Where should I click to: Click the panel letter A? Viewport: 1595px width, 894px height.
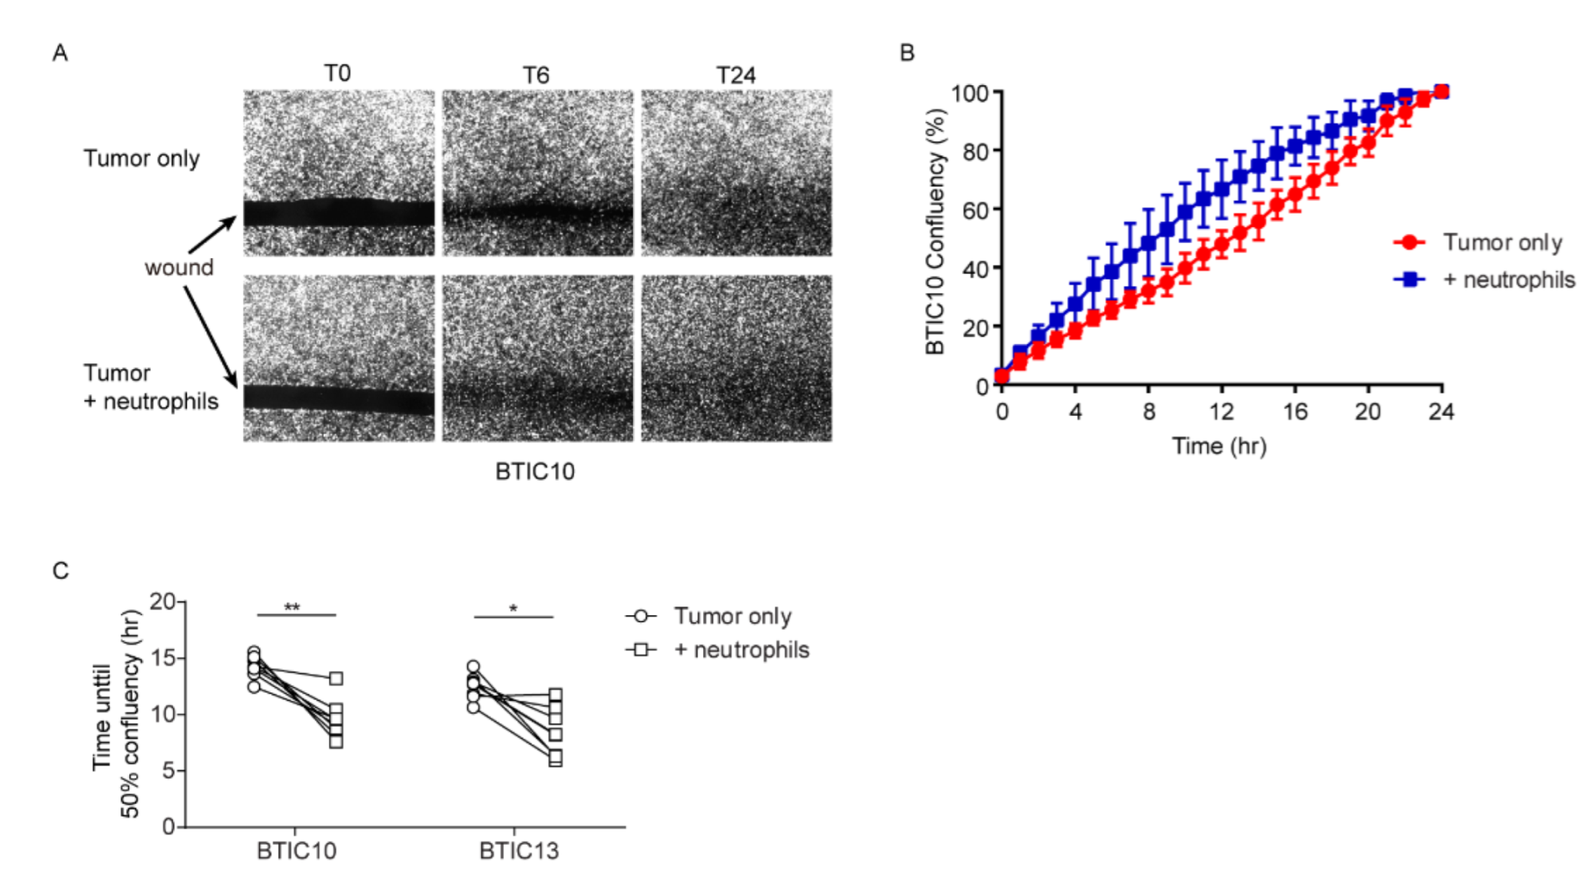(x=60, y=53)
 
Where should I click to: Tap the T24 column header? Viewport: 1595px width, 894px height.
(x=735, y=76)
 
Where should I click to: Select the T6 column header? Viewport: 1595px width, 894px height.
(x=536, y=76)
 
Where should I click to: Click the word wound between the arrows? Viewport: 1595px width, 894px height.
(x=179, y=268)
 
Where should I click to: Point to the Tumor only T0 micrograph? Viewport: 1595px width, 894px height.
(x=339, y=172)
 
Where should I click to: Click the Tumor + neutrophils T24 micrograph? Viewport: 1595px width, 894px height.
(x=736, y=359)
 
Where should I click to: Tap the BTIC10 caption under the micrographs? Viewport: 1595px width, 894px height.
(x=535, y=472)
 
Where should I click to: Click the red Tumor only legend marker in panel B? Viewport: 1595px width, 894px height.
(x=1409, y=242)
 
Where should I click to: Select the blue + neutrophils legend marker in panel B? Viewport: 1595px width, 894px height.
(x=1409, y=280)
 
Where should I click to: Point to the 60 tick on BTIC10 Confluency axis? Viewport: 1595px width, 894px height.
(x=975, y=210)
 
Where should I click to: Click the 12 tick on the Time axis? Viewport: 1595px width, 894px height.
(x=1221, y=412)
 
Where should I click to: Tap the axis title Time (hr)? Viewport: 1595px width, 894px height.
(x=1219, y=446)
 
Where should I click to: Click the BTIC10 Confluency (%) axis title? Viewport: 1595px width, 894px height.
(x=935, y=231)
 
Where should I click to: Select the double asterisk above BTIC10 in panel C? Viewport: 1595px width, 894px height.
(x=292, y=608)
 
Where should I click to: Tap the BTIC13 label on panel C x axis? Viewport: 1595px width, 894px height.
(x=519, y=852)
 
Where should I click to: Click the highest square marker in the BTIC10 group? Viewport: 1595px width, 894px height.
(x=336, y=679)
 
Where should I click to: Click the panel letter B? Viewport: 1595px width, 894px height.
(x=907, y=53)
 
